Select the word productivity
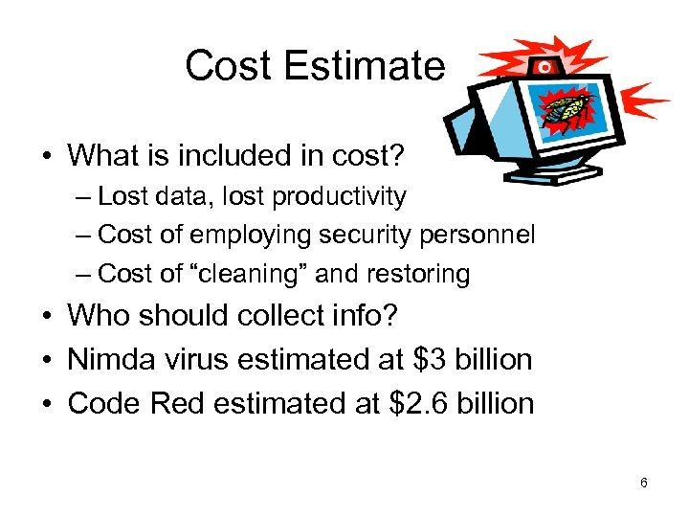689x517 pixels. [340, 197]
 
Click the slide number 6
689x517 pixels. [643, 483]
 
